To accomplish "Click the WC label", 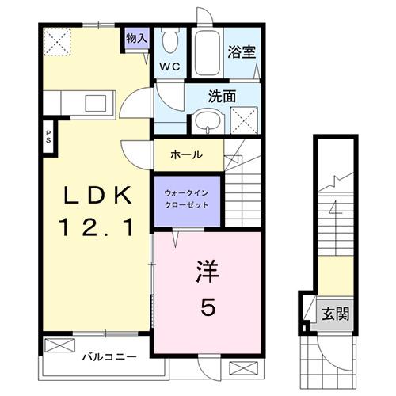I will [171, 67].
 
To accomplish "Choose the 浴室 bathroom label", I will [242, 51].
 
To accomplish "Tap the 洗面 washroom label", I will [221, 97].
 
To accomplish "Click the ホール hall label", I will [186, 155].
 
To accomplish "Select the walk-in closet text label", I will [186, 197].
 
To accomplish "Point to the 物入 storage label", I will [137, 38].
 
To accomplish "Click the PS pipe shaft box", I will [48, 135].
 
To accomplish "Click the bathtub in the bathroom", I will [208, 52].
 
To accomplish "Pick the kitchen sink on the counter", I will [101, 103].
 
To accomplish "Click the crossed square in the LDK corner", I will [57, 40].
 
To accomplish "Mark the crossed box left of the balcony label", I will [57, 346].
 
